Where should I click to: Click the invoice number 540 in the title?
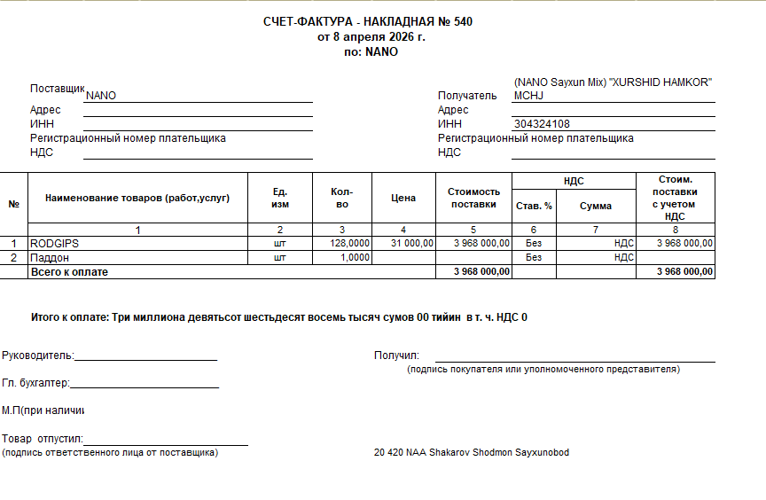pyautogui.click(x=463, y=22)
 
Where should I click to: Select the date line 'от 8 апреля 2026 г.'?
pyautogui.click(x=371, y=37)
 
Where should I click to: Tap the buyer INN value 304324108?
pyautogui.click(x=541, y=124)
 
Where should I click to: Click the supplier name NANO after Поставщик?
pyautogui.click(x=101, y=96)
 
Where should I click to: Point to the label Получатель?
pyautogui.click(x=467, y=96)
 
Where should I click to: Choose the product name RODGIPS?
pyautogui.click(x=55, y=243)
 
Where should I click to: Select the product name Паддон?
pyautogui.click(x=51, y=257)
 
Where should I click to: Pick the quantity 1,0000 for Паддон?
pyautogui.click(x=356, y=257)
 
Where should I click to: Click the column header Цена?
pyautogui.click(x=403, y=198)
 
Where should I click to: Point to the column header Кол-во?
pyautogui.click(x=342, y=198)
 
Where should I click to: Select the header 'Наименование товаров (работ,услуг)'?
pyautogui.click(x=137, y=198)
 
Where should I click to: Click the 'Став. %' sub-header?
pyautogui.click(x=534, y=206)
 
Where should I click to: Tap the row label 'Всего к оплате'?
pyautogui.click(x=69, y=272)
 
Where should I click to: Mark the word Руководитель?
pyautogui.click(x=37, y=355)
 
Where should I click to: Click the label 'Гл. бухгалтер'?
pyautogui.click(x=35, y=383)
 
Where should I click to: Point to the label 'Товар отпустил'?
pyautogui.click(x=42, y=439)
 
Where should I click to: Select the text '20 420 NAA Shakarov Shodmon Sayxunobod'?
pyautogui.click(x=472, y=453)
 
